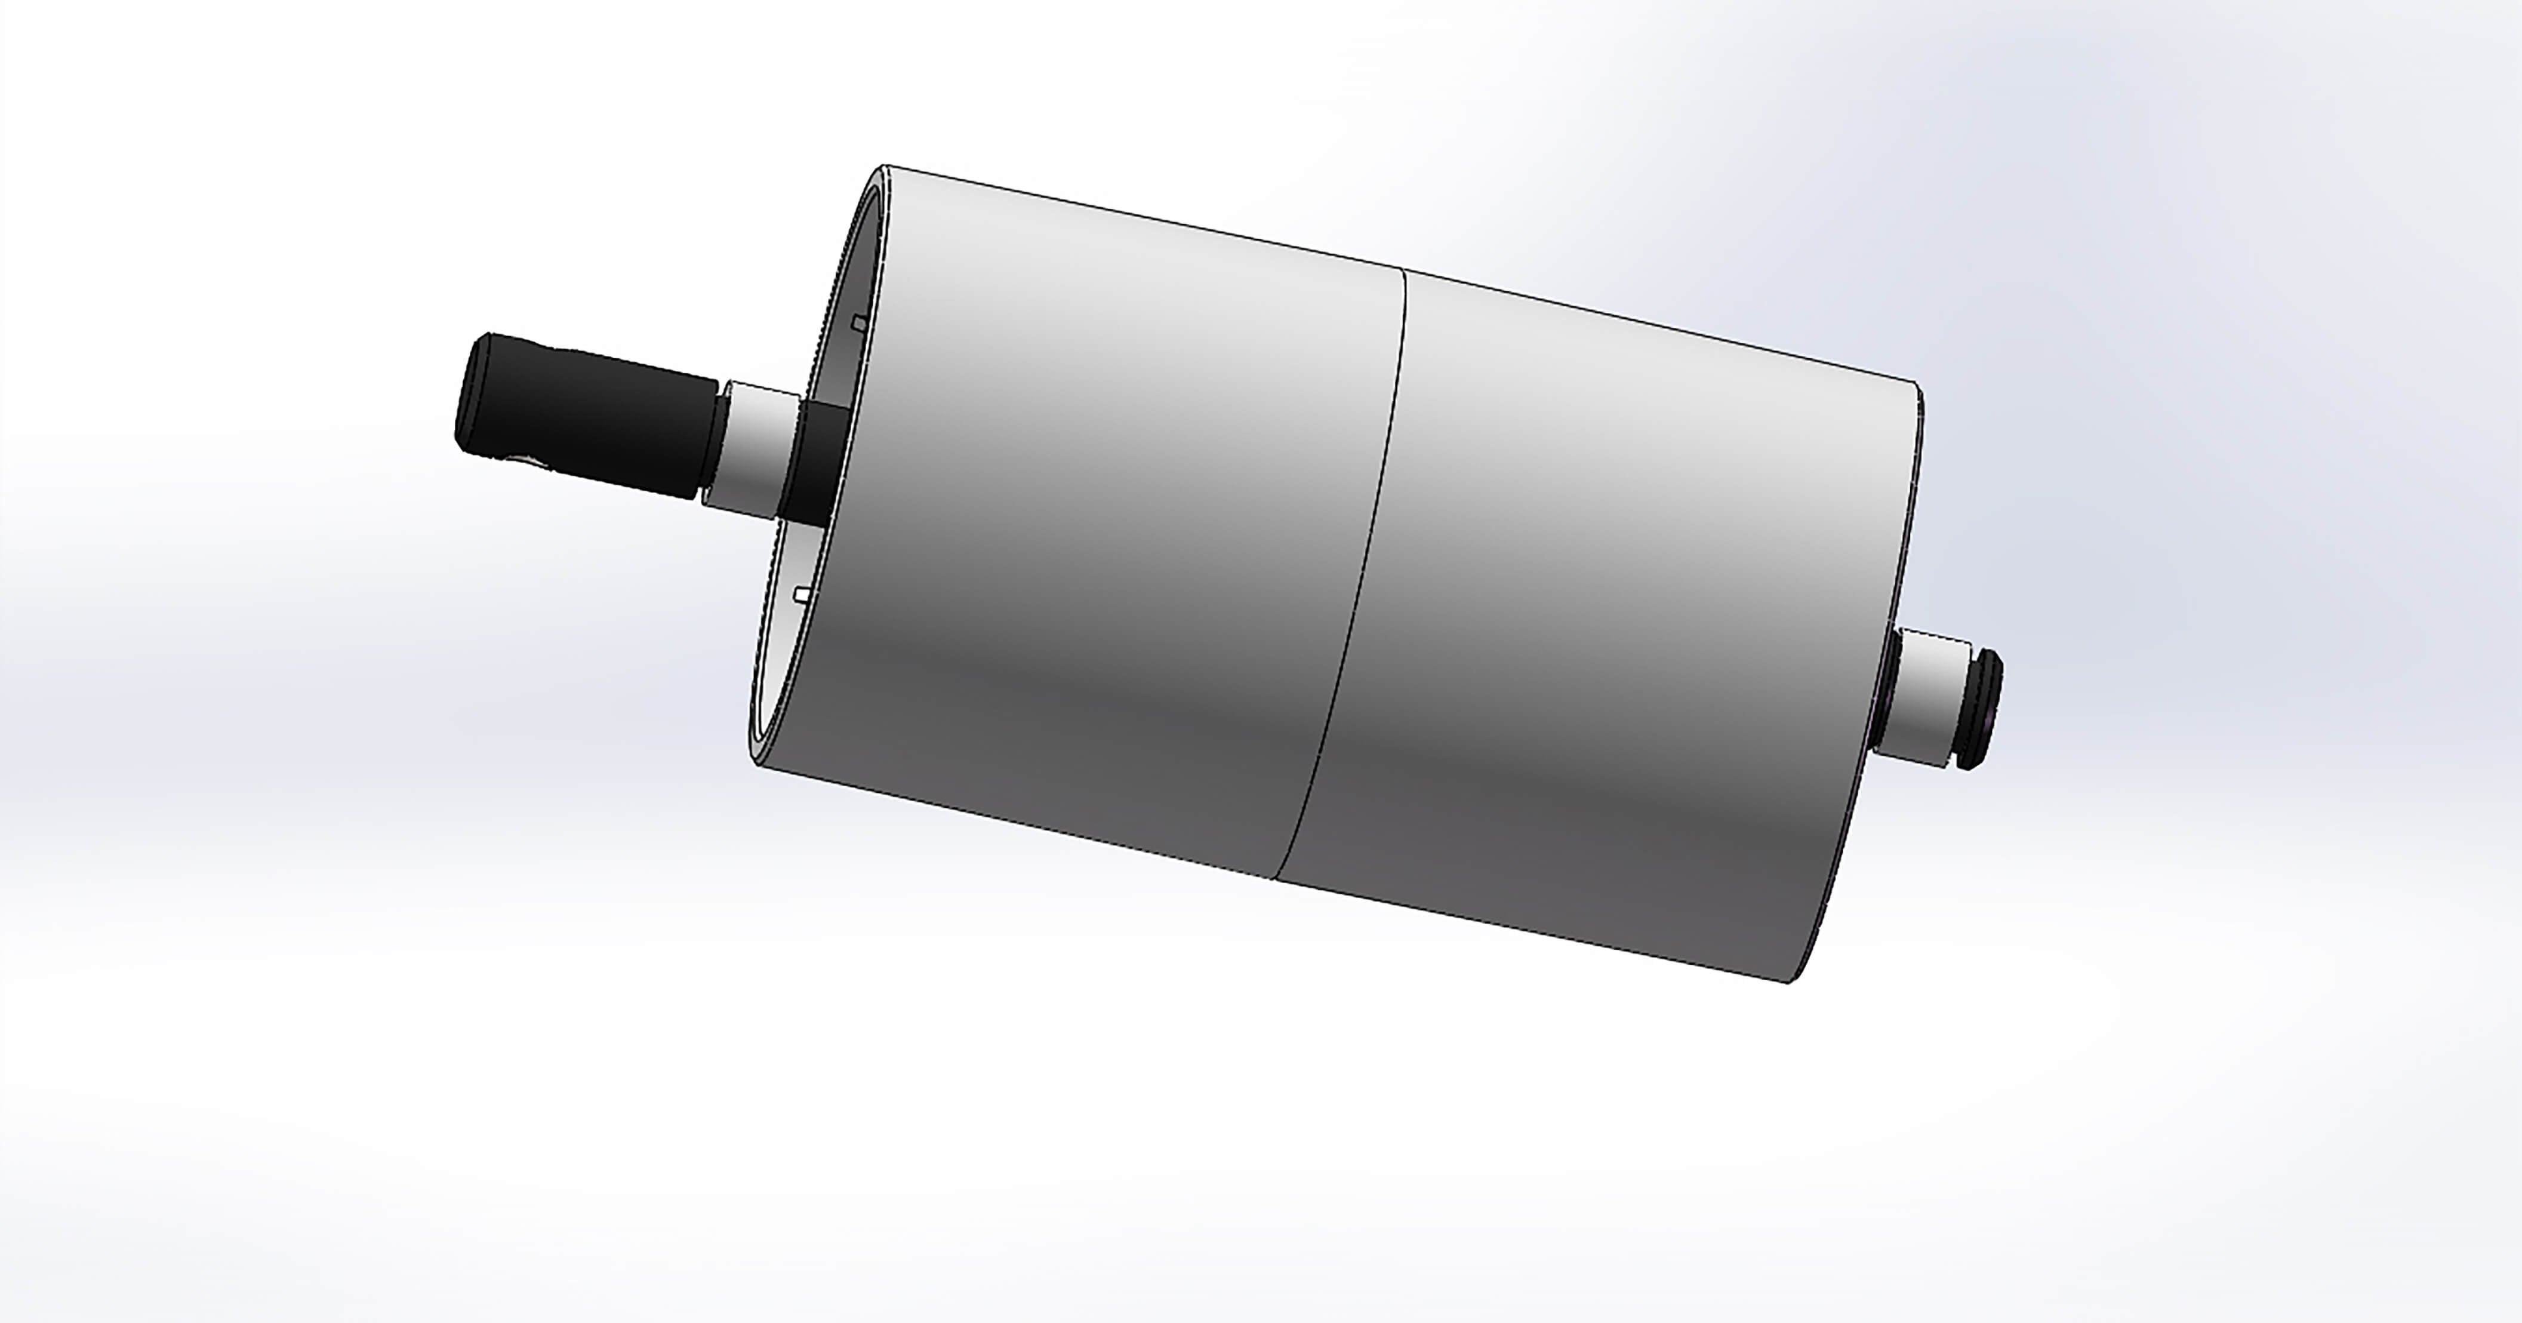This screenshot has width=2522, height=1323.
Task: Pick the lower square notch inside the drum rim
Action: click(803, 593)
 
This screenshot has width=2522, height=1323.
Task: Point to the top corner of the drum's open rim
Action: click(884, 167)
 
